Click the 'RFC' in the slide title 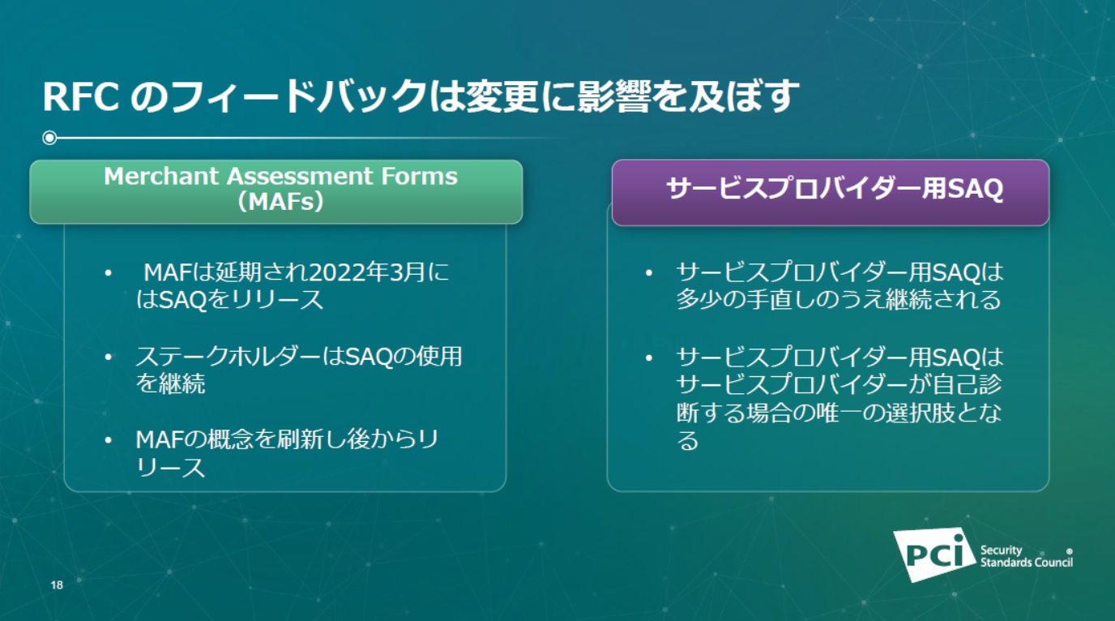[81, 96]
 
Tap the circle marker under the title [49, 138]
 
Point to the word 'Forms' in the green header [419, 176]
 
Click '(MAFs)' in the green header [280, 202]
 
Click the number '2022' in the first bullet [336, 272]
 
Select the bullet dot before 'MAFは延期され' [108, 273]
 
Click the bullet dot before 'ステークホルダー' [108, 357]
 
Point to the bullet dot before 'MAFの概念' [108, 440]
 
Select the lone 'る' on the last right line [687, 441]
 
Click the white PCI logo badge [934, 555]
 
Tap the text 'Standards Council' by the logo [1027, 563]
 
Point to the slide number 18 [57, 585]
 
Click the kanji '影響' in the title [614, 96]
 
